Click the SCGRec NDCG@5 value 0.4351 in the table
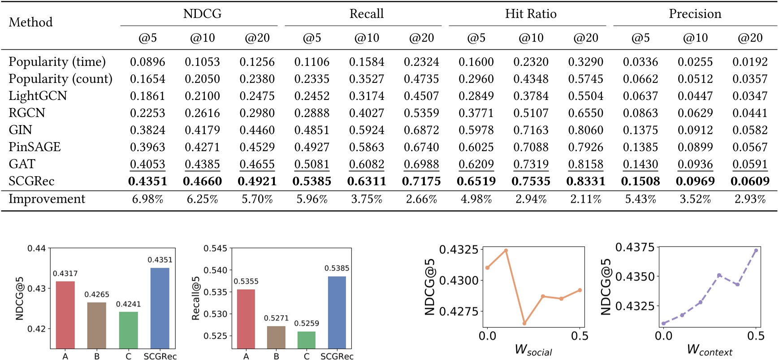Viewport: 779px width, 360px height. (147, 181)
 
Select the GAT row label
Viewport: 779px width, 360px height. (22, 164)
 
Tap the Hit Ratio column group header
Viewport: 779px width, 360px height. (531, 14)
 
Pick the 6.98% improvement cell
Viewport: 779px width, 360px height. (147, 199)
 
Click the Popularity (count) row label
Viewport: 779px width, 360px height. (61, 79)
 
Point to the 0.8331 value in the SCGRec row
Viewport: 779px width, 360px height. (586, 181)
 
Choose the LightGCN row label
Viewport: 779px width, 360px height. (38, 96)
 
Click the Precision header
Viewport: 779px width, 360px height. (695, 14)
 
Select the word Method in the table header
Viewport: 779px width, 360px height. (30, 22)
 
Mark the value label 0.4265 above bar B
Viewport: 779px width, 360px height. (97, 295)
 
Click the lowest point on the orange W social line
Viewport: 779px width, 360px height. (524, 323)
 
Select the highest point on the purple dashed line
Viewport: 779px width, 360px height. (756, 251)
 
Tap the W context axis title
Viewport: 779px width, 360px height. (710, 350)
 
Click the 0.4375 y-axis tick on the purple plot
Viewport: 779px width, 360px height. (635, 247)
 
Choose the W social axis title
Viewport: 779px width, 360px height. (533, 350)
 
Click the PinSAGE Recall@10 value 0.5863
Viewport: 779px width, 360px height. (367, 147)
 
